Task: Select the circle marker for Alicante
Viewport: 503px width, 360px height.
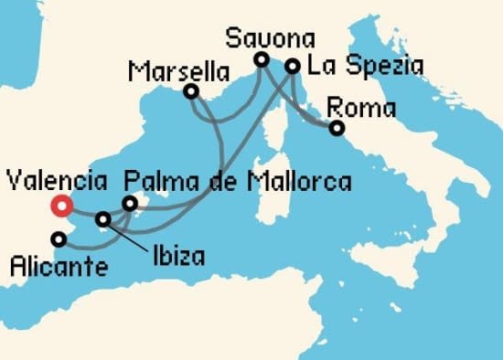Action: pyautogui.click(x=59, y=239)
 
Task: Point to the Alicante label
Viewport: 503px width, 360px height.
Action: pyautogui.click(x=57, y=267)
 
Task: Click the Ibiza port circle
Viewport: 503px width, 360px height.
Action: pyautogui.click(x=103, y=219)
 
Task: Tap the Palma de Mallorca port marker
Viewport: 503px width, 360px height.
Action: pyautogui.click(x=130, y=203)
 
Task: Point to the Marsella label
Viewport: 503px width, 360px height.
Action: pyautogui.click(x=167, y=70)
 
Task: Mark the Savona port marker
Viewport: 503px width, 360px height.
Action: pyautogui.click(x=261, y=60)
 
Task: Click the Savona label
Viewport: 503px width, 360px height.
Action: pyautogui.click(x=271, y=39)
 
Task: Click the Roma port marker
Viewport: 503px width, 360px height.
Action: pyautogui.click(x=337, y=128)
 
